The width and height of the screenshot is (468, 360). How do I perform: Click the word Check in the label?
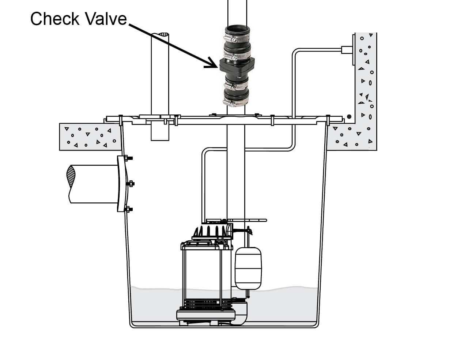coord(55,19)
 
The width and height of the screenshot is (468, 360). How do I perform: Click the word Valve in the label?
coord(105,19)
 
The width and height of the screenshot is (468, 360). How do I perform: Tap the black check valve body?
coord(237,65)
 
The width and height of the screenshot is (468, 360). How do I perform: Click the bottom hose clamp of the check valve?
coord(235,102)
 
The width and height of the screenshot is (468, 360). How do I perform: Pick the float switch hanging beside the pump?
coord(248,268)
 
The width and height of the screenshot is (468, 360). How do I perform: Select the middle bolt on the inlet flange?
coord(130,184)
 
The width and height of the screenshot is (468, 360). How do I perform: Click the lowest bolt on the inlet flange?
coord(128,209)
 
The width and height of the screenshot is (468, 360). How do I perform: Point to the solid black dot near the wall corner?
coord(349,117)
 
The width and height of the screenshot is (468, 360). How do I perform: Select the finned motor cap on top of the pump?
coord(212,231)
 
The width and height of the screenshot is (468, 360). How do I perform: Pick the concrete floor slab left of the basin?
coord(90,137)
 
